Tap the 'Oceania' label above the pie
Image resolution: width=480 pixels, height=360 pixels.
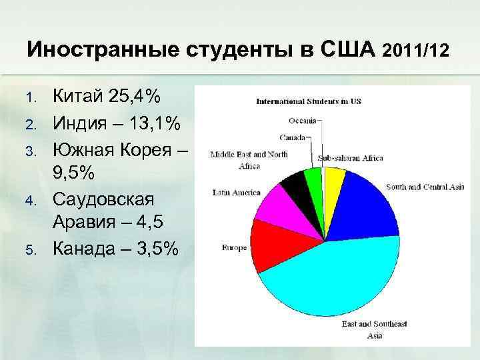302,121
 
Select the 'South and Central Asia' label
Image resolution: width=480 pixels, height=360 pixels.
425,187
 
